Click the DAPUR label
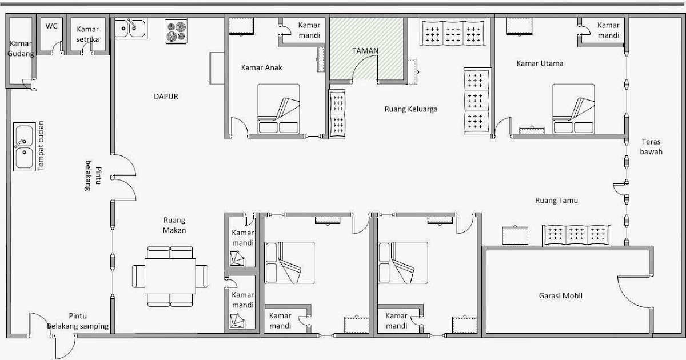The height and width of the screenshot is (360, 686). (166, 97)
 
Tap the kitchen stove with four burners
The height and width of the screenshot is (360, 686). (176, 31)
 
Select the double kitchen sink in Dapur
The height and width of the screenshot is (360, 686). (131, 29)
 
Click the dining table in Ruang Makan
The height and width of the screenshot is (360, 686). (170, 277)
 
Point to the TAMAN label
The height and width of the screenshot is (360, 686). (365, 51)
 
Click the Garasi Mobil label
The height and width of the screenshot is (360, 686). (560, 296)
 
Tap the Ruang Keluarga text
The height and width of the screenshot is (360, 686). (411, 109)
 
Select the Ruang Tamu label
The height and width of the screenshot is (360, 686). (556, 201)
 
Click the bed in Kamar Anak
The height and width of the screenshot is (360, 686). (278, 109)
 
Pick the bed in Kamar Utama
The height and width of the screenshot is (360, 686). (573, 109)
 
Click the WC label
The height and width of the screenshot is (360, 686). (51, 26)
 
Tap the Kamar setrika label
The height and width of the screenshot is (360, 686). (87, 34)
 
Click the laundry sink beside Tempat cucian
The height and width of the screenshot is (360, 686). (24, 147)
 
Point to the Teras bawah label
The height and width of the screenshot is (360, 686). (651, 147)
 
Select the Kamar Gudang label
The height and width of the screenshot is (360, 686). (21, 49)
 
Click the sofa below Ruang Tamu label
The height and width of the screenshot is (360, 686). (576, 235)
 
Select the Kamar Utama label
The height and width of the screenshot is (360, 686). (540, 63)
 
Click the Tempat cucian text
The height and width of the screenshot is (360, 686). (41, 146)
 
